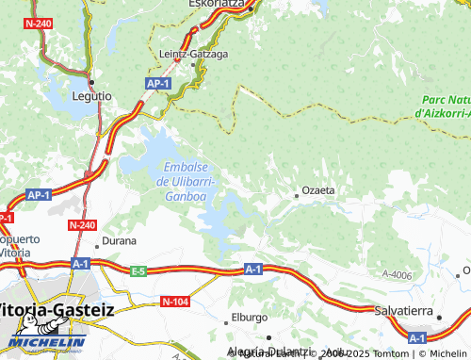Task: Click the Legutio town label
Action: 91,96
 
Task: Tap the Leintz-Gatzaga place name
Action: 193,54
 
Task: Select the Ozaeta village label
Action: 317,189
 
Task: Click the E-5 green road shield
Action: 138,271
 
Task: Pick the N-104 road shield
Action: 174,301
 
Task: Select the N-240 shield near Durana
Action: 82,225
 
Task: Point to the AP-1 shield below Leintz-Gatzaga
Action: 158,84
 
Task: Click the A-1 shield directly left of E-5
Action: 80,263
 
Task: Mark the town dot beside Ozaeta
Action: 297,195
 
